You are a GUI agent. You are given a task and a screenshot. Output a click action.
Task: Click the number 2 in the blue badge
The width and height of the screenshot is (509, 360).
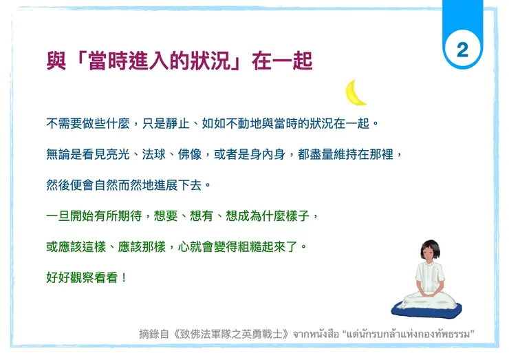click(x=462, y=49)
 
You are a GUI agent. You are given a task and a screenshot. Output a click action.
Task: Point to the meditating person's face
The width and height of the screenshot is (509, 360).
click(x=432, y=255)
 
